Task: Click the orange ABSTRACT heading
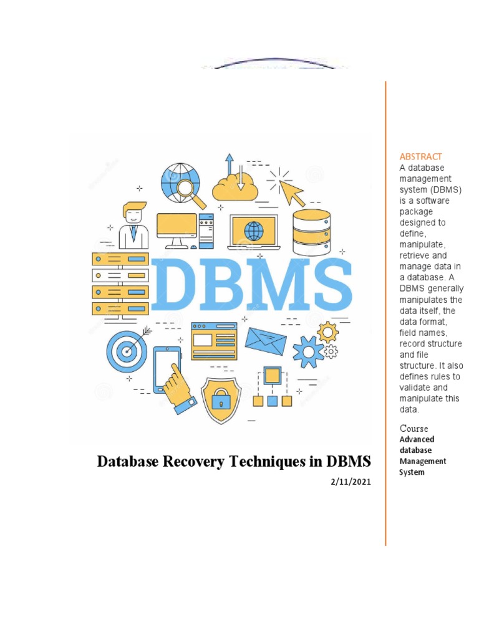420,156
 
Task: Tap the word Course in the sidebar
414,429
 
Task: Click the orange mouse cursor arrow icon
286,186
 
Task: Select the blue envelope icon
266,340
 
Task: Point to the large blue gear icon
308,352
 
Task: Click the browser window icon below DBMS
214,341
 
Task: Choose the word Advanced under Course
417,439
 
